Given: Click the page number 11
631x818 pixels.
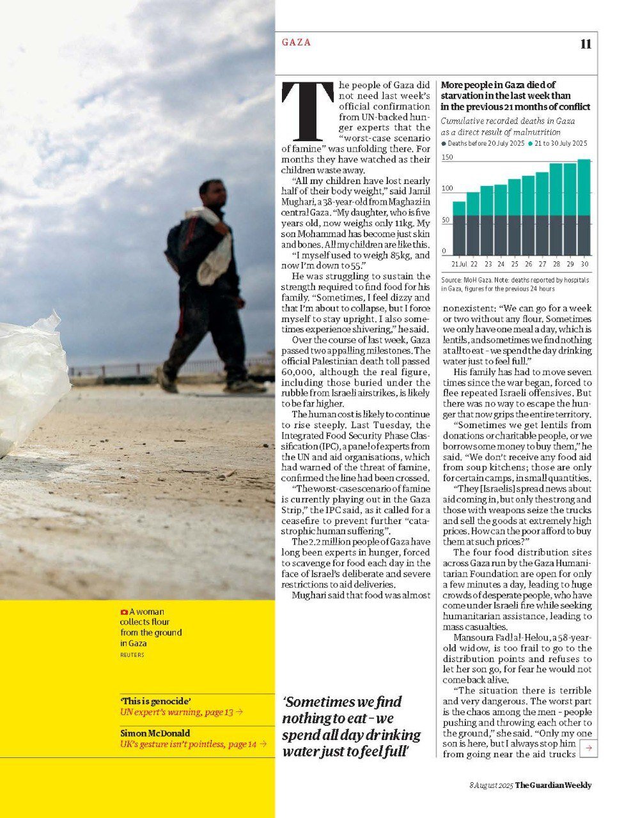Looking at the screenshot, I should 586,43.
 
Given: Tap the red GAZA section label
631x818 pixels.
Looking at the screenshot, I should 296,42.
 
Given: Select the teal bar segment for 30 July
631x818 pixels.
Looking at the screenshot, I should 584,187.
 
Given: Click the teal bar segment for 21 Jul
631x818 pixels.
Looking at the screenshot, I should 459,208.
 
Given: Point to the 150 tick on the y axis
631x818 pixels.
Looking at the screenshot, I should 448,157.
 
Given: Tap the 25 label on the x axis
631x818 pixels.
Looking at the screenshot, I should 515,263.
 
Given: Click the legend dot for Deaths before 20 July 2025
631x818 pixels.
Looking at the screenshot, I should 444,144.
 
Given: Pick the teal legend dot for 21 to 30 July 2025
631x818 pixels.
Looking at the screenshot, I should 530,144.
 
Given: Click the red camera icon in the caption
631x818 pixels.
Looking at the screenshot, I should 124,612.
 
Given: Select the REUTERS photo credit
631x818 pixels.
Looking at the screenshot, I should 132,655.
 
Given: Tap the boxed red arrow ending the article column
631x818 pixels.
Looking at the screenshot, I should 589,747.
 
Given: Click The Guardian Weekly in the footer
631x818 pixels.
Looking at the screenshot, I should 553,785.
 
